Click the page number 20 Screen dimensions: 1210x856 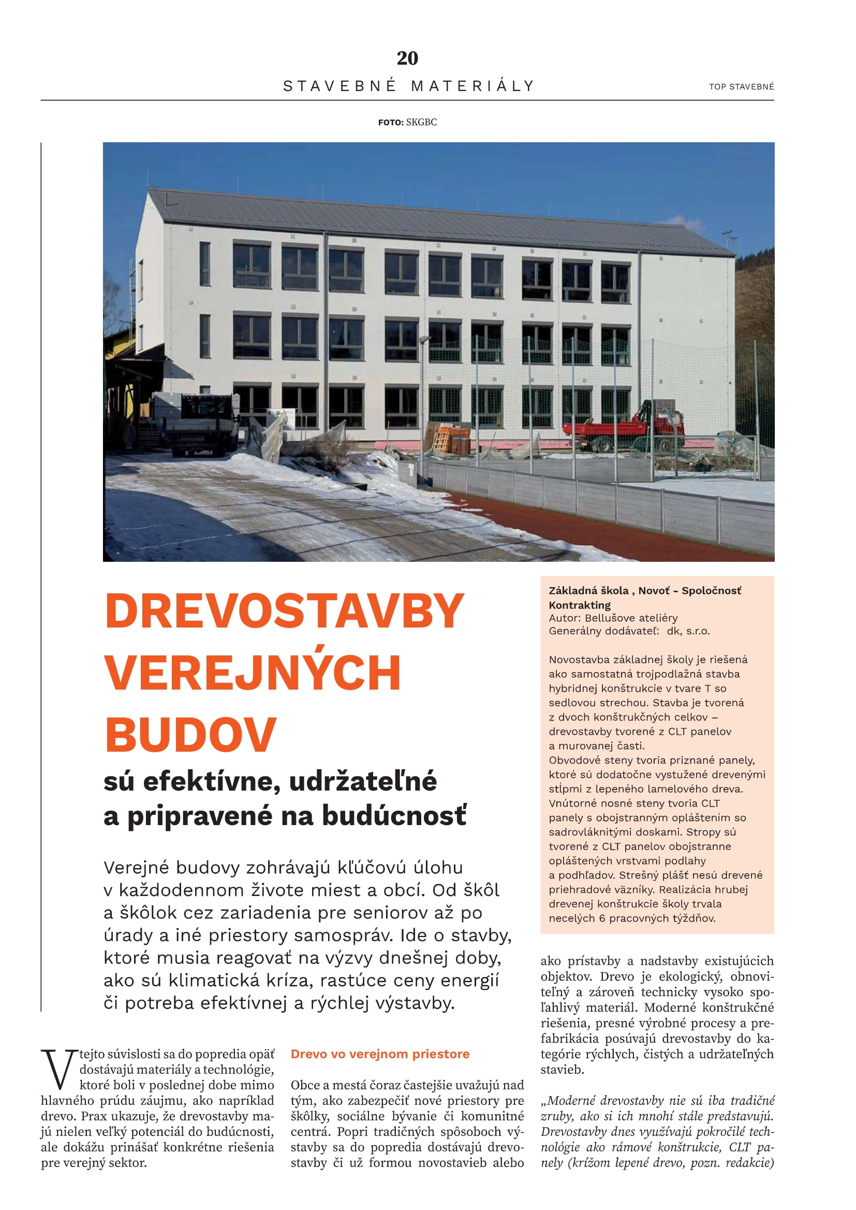pos(407,58)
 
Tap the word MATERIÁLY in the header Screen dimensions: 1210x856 pos(473,86)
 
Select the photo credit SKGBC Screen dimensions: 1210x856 pos(421,122)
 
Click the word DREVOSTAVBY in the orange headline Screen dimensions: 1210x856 pos(284,611)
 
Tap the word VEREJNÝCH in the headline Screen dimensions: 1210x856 pos(253,673)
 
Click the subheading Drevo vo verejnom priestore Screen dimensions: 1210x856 pos(380,1054)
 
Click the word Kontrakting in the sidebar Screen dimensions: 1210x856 pos(579,605)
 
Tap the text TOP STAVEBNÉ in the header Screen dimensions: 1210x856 pos(741,87)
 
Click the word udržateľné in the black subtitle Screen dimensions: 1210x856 pos(363,781)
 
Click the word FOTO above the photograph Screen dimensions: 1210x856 pos(390,122)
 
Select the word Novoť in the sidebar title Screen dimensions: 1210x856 pos(654,591)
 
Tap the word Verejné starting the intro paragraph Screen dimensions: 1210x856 pos(136,868)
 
